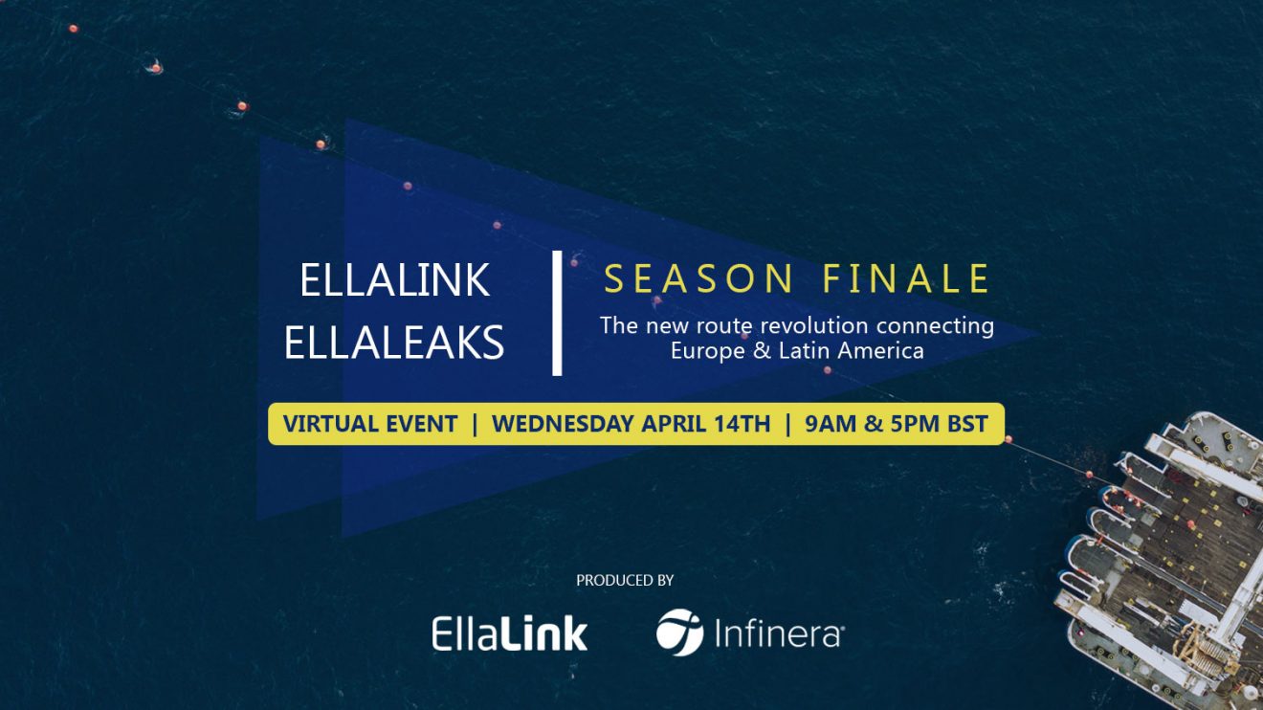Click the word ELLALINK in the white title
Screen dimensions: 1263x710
(x=394, y=279)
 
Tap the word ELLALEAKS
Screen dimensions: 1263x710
(x=394, y=343)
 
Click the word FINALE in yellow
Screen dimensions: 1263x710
(x=905, y=278)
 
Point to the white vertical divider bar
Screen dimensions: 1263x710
(x=557, y=313)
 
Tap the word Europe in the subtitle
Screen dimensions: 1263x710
(x=708, y=352)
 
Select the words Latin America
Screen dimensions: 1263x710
(x=852, y=351)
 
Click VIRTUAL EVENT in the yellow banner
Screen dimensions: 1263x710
(x=370, y=424)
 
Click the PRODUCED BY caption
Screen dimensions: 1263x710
(x=625, y=580)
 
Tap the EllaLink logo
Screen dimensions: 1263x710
(x=510, y=633)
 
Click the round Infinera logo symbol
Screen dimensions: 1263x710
(x=680, y=632)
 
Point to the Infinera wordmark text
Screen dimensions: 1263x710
(x=780, y=632)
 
